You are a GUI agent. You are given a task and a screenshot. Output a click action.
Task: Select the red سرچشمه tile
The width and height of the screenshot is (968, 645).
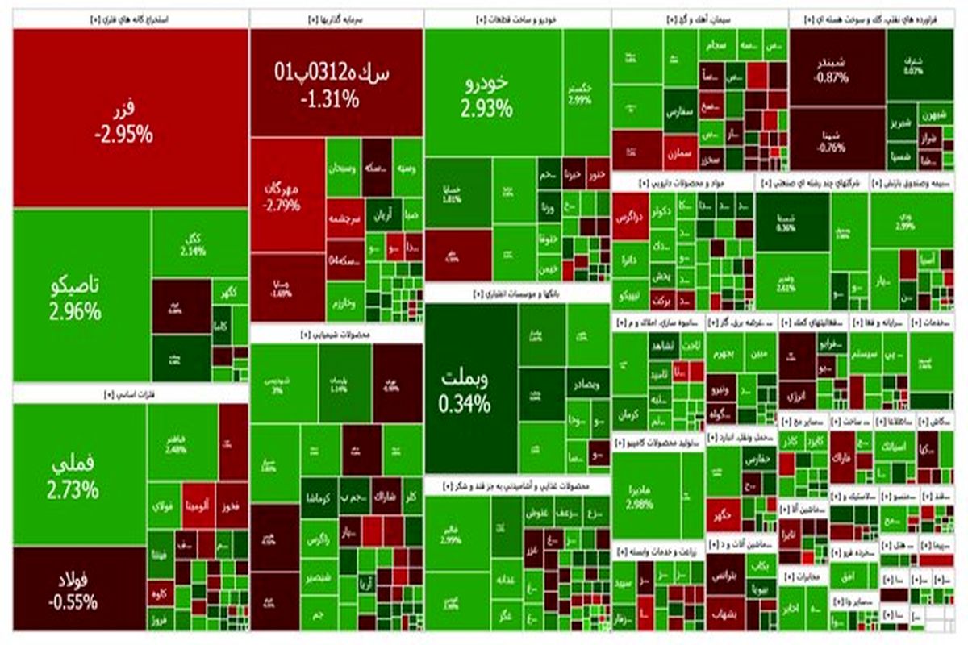point(343,217)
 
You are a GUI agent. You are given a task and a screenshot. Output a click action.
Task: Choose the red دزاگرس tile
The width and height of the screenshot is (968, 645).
point(629,217)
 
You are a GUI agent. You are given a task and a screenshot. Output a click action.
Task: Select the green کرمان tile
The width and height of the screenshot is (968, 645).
point(629,418)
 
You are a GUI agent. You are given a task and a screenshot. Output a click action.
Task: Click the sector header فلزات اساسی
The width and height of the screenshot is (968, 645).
point(129,394)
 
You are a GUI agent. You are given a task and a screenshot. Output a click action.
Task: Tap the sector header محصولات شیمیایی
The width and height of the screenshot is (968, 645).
point(336,334)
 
